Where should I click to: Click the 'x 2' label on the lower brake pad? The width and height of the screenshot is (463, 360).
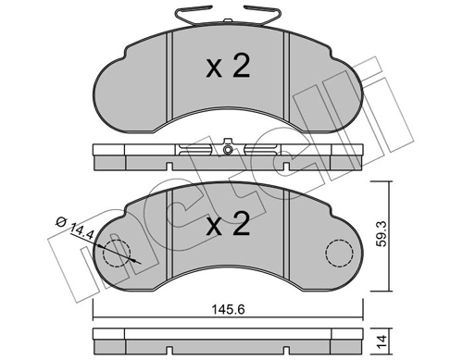point(227,226)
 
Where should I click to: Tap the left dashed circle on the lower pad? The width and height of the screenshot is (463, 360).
point(119,254)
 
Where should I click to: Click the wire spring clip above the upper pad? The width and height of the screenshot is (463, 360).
point(228,19)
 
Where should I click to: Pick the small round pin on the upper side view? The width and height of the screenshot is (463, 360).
point(228,148)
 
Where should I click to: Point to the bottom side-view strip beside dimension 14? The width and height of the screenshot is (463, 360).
point(228,340)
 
